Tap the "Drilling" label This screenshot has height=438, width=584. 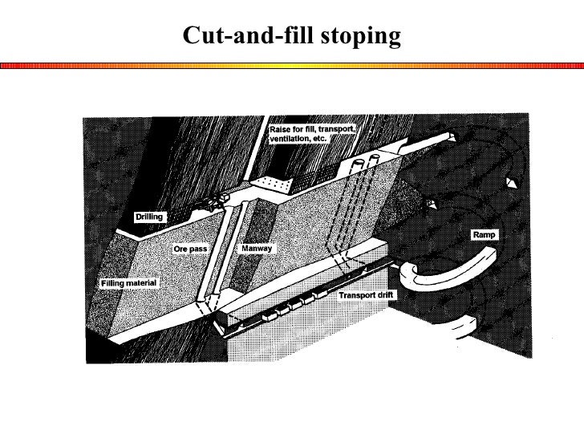(149, 217)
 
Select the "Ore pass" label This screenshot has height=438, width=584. (191, 249)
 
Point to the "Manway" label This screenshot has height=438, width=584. (257, 249)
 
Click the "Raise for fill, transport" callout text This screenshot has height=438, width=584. (313, 129)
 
